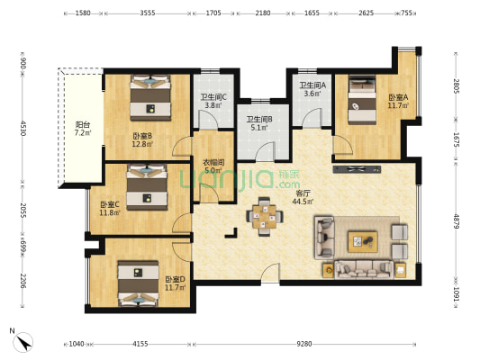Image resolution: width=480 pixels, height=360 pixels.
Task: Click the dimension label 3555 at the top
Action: [148, 13]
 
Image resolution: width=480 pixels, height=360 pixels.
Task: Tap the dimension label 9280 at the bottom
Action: [304, 344]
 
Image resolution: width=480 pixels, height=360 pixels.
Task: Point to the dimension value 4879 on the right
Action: [456, 220]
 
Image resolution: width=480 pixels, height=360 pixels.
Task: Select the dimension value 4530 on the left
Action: [23, 128]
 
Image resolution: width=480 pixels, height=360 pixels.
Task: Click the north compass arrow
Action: [23, 342]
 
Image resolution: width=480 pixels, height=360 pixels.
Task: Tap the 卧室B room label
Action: [142, 136]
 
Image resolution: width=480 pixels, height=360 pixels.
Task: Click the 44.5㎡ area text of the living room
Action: [303, 202]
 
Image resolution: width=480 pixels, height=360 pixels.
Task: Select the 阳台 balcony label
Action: [83, 124]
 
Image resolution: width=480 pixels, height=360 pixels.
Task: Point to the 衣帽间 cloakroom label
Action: [214, 162]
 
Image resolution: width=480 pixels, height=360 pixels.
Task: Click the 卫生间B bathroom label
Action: [259, 119]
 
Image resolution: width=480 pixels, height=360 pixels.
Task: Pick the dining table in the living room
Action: [265, 217]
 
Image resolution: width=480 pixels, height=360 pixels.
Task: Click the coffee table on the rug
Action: [362, 241]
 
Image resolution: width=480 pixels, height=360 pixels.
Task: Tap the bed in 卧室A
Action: [362, 100]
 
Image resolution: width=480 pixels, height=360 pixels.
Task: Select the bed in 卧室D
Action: [139, 283]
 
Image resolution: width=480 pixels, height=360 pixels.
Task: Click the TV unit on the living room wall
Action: [357, 169]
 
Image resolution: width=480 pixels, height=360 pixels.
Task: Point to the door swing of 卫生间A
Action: [312, 118]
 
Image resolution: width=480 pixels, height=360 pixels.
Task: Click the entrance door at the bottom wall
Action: [270, 274]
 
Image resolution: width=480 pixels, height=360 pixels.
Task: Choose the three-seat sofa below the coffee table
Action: [364, 269]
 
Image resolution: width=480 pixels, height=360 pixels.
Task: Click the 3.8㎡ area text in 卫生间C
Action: [213, 105]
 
